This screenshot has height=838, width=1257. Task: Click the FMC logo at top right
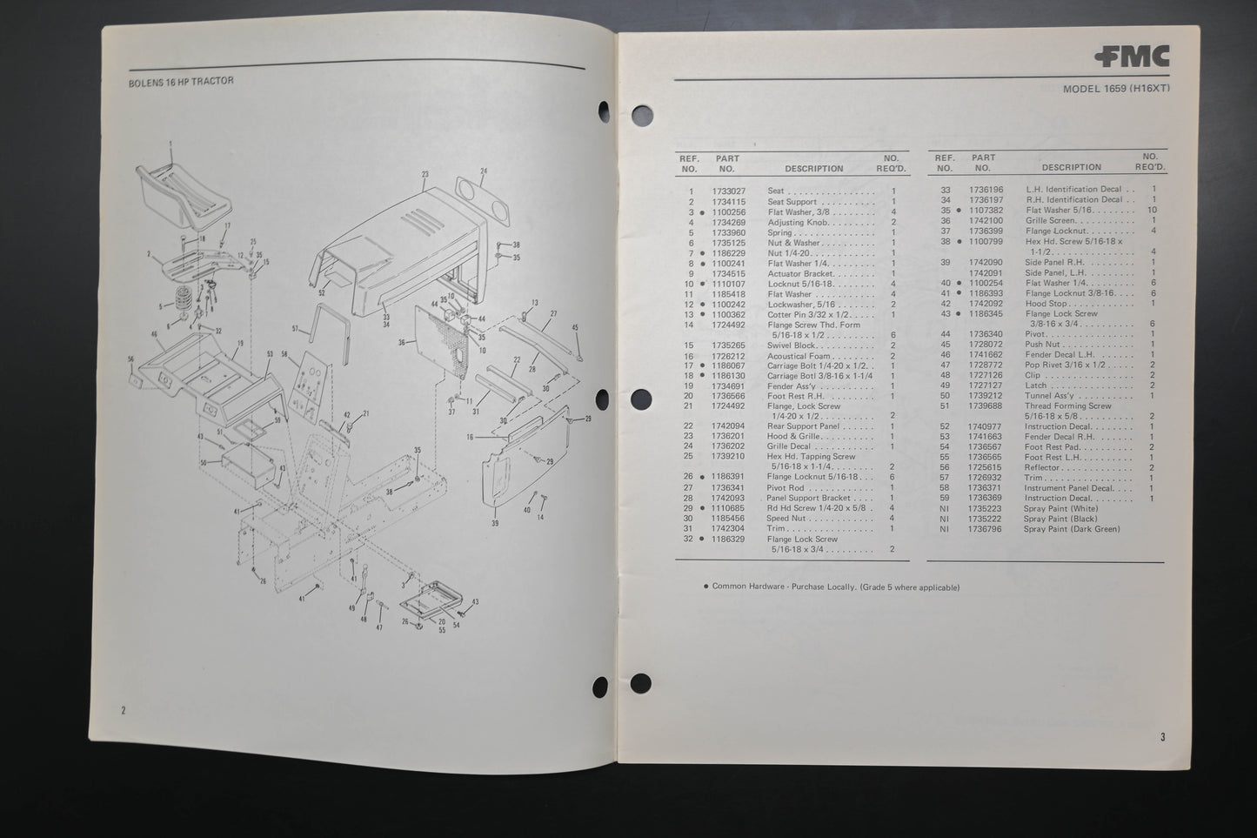click(x=1132, y=57)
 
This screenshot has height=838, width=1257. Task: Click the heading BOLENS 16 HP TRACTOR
click(x=181, y=81)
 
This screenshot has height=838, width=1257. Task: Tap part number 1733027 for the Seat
click(x=729, y=191)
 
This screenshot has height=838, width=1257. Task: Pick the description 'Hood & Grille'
click(x=792, y=436)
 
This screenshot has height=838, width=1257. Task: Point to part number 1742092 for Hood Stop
click(x=986, y=304)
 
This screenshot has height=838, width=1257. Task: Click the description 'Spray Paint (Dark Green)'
click(x=1071, y=529)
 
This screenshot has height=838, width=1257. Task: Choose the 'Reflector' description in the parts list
click(x=1041, y=467)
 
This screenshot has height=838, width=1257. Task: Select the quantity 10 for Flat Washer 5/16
click(x=1153, y=211)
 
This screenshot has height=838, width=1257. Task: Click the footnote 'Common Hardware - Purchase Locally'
click(x=835, y=587)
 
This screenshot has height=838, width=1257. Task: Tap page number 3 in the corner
click(x=1162, y=737)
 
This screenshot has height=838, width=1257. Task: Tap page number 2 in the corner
click(x=124, y=711)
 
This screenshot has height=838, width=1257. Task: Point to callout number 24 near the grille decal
click(x=484, y=171)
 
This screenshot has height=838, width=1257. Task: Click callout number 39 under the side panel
click(x=495, y=523)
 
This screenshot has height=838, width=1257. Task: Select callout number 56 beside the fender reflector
click(x=131, y=359)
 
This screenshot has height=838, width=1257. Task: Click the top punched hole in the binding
click(x=641, y=116)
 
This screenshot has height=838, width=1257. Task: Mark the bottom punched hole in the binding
click(x=641, y=684)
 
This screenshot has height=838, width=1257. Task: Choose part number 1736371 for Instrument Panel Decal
click(x=986, y=488)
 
